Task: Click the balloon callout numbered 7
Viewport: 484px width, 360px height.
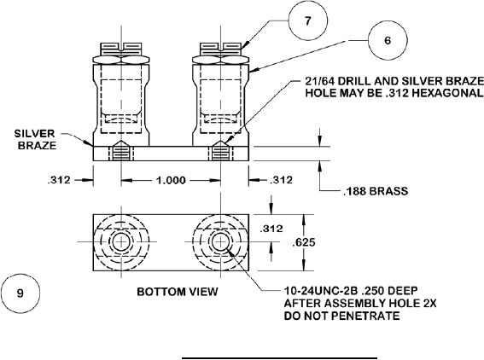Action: (x=307, y=21)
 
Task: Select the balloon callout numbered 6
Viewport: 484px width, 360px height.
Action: (x=388, y=40)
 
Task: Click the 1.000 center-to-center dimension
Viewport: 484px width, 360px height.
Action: (x=171, y=180)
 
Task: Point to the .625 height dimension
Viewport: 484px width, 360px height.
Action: (x=304, y=242)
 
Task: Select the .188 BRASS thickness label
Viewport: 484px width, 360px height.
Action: (x=376, y=191)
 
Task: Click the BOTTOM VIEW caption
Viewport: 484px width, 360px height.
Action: (x=178, y=292)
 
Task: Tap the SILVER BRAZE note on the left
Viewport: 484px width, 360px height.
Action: (x=36, y=139)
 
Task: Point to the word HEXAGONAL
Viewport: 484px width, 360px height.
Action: (x=447, y=93)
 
